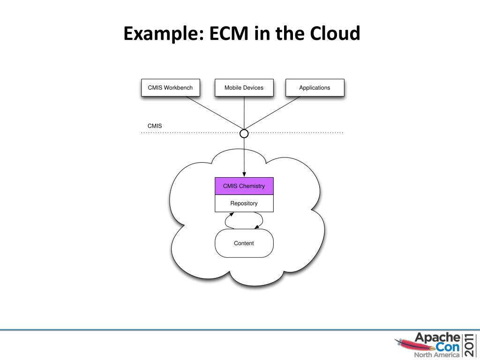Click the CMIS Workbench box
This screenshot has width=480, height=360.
pos(170,88)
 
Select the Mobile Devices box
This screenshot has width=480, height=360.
pos(244,88)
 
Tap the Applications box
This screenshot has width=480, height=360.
pos(315,88)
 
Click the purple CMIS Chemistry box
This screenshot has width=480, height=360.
pos(244,186)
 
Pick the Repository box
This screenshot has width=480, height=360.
pos(244,203)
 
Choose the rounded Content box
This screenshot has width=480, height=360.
pos(244,243)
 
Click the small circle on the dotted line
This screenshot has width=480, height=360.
pos(244,134)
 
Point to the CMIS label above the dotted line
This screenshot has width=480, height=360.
pos(155,126)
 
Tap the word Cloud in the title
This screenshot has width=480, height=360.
pos(335,34)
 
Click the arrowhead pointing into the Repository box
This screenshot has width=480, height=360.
pos(231,214)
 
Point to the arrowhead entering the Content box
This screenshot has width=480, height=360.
pos(257,227)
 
